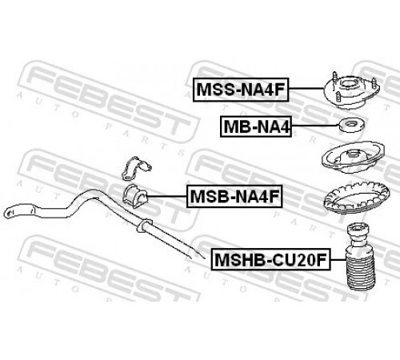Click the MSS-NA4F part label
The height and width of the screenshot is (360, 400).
[x=241, y=90]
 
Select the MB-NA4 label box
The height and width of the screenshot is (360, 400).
[x=256, y=126]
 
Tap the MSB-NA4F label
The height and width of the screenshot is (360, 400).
[x=234, y=196]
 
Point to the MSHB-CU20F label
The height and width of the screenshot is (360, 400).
[x=270, y=259]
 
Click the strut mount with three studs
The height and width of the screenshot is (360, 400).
[x=351, y=91]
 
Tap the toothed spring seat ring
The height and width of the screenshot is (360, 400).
[x=357, y=198]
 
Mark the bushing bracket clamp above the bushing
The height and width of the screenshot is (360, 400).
[x=136, y=168]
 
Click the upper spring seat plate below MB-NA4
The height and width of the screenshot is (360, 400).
[x=353, y=157]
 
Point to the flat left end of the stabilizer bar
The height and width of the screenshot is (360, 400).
[x=10, y=212]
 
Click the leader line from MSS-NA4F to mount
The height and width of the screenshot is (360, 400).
[x=306, y=88]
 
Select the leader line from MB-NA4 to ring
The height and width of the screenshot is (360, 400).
[x=314, y=126]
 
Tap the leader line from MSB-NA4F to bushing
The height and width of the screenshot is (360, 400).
[x=166, y=197]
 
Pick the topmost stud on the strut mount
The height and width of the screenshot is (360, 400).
[x=334, y=78]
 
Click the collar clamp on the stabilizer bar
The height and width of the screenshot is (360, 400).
[x=144, y=225]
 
